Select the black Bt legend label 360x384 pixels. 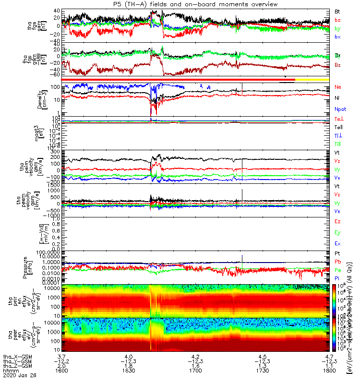tap(337, 11)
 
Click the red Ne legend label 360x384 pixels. tap(337, 87)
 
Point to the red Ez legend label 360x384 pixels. tap(337, 222)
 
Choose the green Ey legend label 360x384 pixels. tap(337, 233)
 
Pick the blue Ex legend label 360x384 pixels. tap(337, 243)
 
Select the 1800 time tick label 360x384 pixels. tap(328, 371)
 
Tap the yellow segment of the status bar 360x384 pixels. tap(312, 79)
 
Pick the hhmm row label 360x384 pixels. tap(10, 371)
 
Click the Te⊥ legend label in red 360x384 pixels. tap(338, 118)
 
